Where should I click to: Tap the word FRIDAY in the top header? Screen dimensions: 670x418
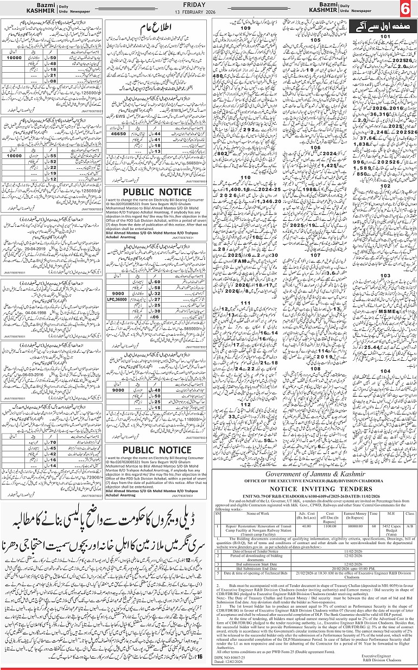(208, 4)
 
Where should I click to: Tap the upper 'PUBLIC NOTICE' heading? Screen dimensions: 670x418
(156, 192)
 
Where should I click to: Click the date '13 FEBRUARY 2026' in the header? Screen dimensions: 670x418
(208, 12)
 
